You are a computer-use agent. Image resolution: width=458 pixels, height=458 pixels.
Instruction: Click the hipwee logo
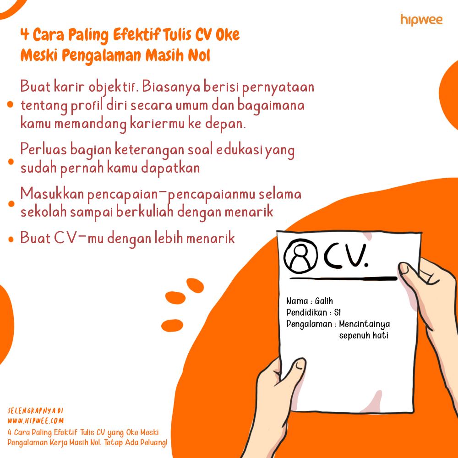click(421, 20)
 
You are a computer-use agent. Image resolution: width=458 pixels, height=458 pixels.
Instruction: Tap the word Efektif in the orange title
click(136, 35)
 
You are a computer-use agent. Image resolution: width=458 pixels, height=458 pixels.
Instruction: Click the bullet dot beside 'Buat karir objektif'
click(10, 104)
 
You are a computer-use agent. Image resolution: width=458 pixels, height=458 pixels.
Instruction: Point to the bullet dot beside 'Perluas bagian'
click(11, 162)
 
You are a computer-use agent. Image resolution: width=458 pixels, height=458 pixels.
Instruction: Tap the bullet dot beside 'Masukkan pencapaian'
click(11, 204)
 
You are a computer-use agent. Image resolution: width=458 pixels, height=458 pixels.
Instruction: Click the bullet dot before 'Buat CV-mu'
click(11, 240)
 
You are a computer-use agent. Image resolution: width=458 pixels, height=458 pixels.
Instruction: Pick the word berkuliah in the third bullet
click(145, 212)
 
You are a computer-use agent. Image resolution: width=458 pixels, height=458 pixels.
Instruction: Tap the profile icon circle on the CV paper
click(300, 256)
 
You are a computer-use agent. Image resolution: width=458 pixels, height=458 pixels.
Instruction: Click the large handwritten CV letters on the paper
click(345, 256)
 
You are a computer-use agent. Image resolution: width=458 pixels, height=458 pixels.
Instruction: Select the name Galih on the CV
click(324, 301)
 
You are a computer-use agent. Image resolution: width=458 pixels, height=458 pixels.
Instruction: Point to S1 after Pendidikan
click(338, 312)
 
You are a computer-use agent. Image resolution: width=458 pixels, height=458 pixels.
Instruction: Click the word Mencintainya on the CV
click(364, 324)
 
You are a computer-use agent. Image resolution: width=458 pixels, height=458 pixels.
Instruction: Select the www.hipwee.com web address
click(35, 420)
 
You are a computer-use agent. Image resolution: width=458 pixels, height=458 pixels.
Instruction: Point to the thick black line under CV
click(343, 278)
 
